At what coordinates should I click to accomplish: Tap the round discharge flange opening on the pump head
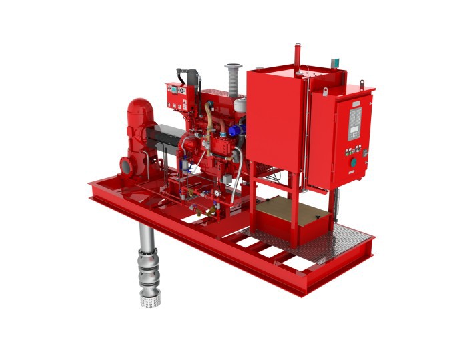click(x=125, y=164)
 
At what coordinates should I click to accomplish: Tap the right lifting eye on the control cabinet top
click(x=362, y=84)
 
